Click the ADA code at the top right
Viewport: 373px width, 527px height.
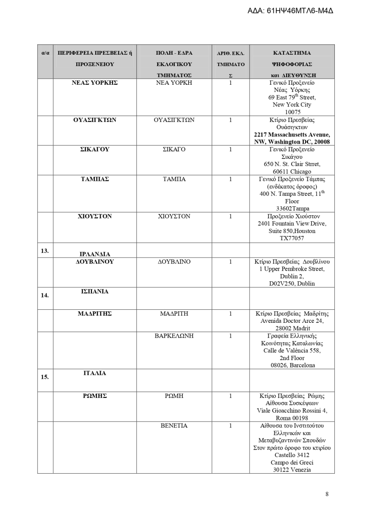coord(290,10)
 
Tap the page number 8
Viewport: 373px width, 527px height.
coord(327,494)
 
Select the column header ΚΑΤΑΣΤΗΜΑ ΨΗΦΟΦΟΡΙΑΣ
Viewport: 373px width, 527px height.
coord(292,58)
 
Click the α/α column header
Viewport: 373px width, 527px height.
coord(45,53)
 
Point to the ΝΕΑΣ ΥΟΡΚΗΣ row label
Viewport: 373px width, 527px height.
coord(95,83)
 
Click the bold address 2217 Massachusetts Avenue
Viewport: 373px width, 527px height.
coord(292,135)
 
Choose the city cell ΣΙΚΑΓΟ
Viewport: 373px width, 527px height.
coord(174,150)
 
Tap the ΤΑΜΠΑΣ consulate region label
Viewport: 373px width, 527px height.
coord(95,179)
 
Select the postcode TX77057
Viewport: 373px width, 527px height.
coord(292,239)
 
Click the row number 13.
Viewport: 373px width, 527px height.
coord(45,251)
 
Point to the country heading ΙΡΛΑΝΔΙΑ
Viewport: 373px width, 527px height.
coord(95,254)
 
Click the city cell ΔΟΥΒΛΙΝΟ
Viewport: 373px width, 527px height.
coord(174,262)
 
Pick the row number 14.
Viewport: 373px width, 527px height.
coord(45,295)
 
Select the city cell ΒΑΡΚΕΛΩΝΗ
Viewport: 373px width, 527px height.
coord(174,336)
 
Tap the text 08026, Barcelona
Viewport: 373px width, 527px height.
coord(292,365)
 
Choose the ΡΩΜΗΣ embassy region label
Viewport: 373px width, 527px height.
coord(95,396)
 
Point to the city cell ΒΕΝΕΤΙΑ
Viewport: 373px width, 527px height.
coord(174,426)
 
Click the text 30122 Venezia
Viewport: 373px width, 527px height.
coord(292,470)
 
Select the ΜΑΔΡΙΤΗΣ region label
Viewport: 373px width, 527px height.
coord(95,314)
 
